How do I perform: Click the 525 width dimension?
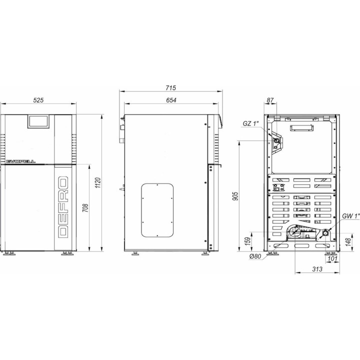pyautogui.click(x=38, y=100)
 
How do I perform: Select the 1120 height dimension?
pyautogui.click(x=98, y=183)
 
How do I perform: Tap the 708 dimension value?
pyautogui.click(x=85, y=208)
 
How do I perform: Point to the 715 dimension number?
pyautogui.click(x=170, y=87)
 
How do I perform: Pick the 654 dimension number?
pyautogui.click(x=171, y=100)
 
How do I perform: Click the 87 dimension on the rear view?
pyautogui.click(x=270, y=100)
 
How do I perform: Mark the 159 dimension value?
pyautogui.click(x=248, y=241)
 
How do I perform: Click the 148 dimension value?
pyautogui.click(x=348, y=242)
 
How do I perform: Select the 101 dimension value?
pyautogui.click(x=332, y=258)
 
